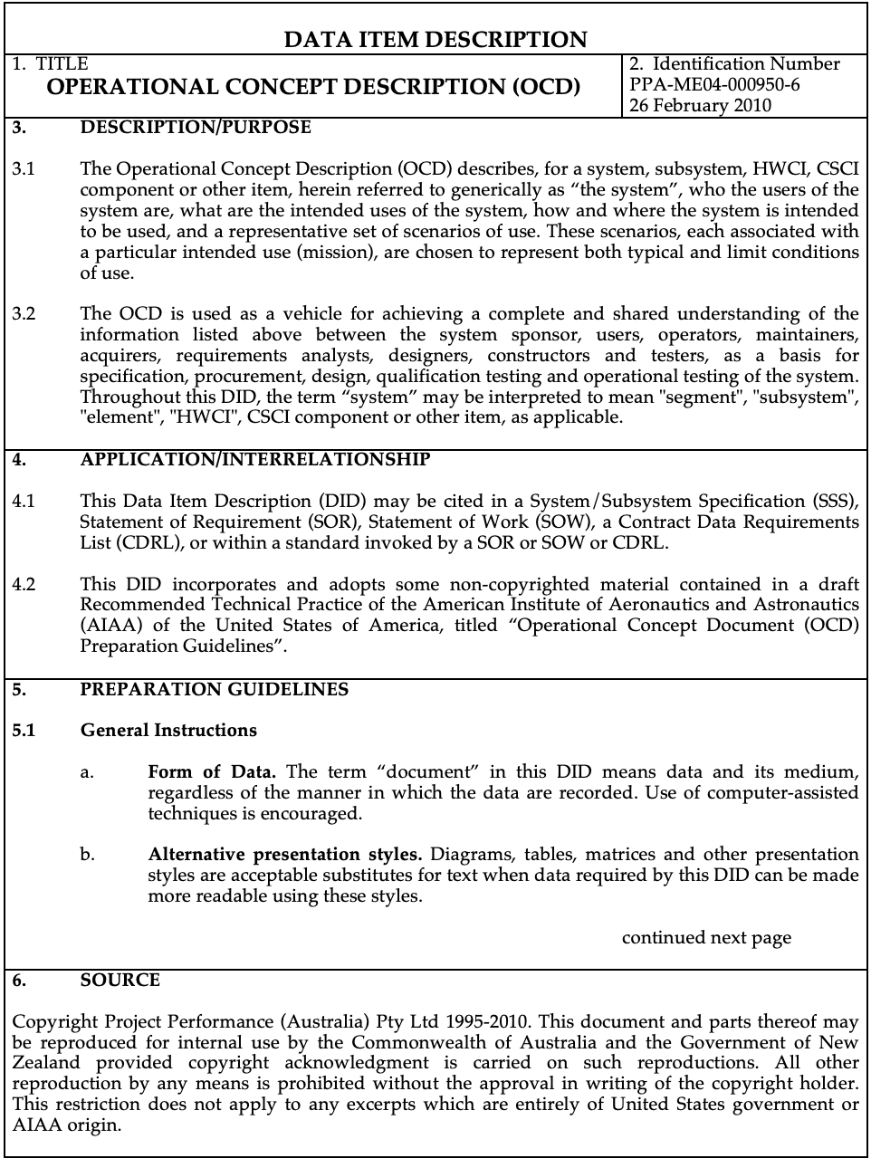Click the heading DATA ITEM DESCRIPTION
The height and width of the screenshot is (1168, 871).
(435, 39)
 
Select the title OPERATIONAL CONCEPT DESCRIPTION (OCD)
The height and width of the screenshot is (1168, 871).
(313, 87)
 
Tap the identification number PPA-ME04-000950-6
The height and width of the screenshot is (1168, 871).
(714, 84)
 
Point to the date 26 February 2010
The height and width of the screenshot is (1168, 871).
(700, 105)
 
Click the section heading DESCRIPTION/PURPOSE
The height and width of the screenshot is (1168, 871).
(196, 128)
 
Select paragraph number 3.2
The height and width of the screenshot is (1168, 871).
(24, 314)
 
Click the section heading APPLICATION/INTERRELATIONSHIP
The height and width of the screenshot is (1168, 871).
(255, 460)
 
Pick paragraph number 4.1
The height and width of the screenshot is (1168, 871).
(24, 502)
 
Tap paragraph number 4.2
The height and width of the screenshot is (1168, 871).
(24, 585)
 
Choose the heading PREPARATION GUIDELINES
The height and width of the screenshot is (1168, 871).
(214, 690)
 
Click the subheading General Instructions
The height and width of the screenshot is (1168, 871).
(168, 731)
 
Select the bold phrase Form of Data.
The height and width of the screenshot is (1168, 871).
(212, 772)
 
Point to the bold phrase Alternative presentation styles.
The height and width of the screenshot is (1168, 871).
(285, 855)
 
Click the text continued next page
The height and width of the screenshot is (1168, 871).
(706, 938)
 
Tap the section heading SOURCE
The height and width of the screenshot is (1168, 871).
(120, 981)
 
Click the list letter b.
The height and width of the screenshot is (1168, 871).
(87, 855)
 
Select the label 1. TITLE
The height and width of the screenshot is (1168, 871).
(51, 64)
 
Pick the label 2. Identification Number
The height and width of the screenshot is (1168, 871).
(734, 64)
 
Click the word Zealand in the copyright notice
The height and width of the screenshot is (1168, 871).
(46, 1063)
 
